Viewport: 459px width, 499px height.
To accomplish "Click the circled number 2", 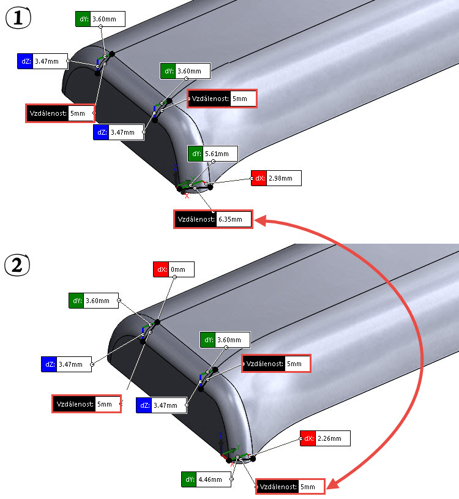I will [18, 266].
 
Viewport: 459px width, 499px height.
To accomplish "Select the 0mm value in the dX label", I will [181, 269].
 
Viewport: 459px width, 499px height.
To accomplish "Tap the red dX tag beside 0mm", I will [160, 269].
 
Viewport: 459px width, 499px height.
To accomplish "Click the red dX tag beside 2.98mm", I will [258, 179].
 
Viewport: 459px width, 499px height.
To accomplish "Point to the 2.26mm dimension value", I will [333, 438].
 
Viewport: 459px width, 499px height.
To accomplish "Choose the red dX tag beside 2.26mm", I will [307, 438].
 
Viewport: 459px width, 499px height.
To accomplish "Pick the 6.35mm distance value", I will [233, 219].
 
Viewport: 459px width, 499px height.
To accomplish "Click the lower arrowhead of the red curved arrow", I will [331, 485].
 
